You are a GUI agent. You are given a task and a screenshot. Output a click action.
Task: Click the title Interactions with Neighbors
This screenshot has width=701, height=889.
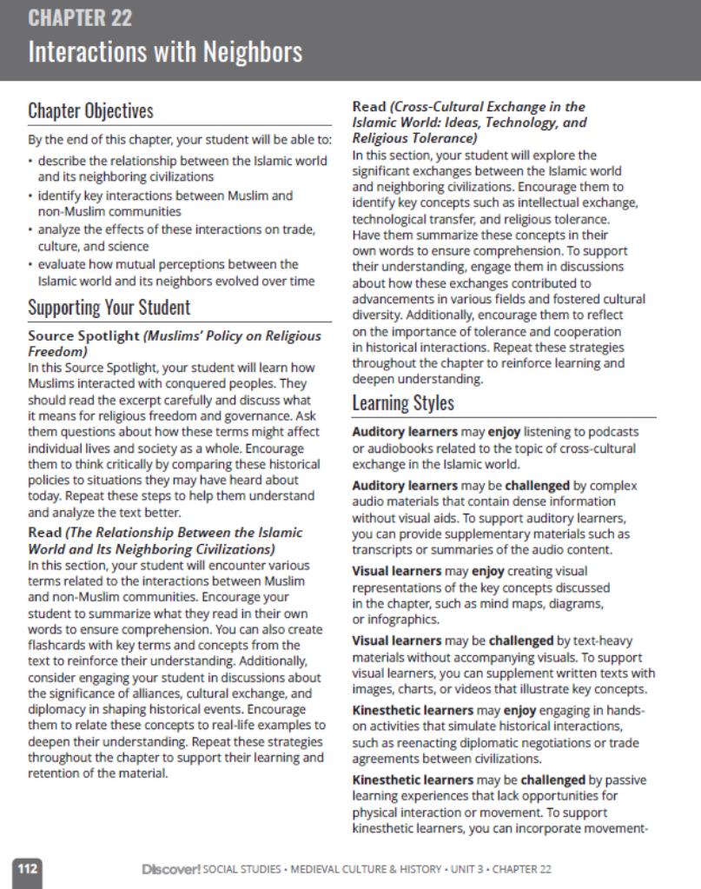[x=165, y=52]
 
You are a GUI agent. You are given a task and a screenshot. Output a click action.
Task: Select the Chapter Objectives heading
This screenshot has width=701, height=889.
[x=90, y=111]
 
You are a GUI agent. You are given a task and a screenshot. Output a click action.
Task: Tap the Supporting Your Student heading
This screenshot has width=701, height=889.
[x=109, y=308]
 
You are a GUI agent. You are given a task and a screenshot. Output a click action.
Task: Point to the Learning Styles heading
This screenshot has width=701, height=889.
[x=402, y=403]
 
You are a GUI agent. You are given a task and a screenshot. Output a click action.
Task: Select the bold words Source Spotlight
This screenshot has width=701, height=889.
[x=83, y=336]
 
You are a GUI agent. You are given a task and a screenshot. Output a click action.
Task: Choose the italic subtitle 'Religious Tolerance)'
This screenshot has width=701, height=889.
[x=414, y=138]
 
